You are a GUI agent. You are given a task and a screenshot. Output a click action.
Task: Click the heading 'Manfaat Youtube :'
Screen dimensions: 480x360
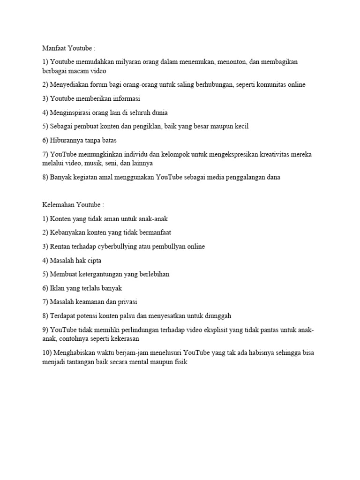click(x=68, y=48)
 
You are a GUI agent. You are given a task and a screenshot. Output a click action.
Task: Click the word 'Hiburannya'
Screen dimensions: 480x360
click(x=69, y=140)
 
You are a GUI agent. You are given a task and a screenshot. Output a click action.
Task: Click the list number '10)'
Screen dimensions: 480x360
click(x=46, y=352)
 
